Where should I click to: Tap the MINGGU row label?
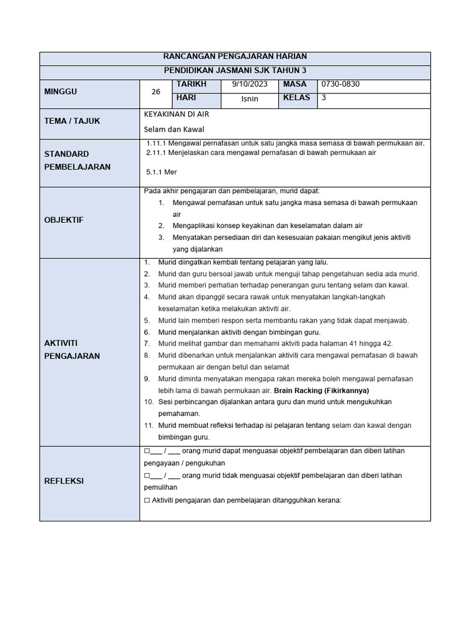59,92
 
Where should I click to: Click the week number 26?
156,92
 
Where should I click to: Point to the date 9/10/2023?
249,84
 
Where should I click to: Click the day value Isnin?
249,98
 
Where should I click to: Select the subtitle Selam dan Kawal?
174,129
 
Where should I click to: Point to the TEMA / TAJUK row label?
72,121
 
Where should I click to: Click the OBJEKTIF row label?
63,220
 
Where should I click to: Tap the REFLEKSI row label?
64,481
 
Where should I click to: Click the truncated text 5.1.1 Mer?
162,173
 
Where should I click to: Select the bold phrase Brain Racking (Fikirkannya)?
321,391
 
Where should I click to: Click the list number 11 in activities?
148,426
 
